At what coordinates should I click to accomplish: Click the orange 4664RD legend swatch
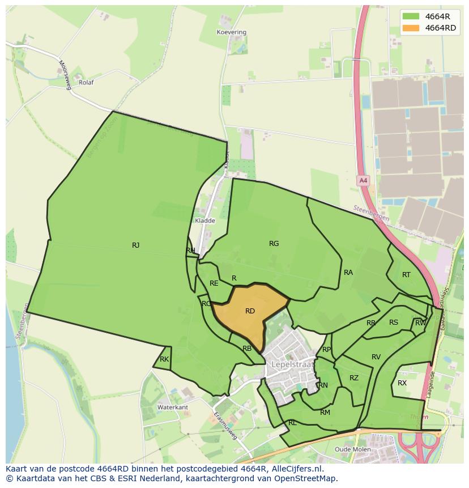411,28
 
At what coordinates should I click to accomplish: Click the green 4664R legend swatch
411,16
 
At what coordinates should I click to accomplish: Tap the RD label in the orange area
250,311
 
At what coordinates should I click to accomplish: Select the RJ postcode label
135,245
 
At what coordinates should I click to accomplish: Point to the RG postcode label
274,244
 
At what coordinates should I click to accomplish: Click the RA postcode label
348,273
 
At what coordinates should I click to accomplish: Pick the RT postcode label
406,275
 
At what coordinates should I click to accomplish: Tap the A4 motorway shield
363,180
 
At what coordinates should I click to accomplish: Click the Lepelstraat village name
292,364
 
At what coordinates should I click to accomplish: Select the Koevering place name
232,32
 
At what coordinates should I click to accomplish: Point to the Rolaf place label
86,82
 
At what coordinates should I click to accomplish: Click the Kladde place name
204,220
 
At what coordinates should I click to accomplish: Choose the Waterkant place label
172,408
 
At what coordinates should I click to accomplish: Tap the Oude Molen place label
353,449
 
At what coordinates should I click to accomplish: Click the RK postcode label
164,359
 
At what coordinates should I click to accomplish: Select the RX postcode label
402,383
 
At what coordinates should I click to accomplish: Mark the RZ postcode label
354,378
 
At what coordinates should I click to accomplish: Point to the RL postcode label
292,423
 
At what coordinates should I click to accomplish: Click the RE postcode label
214,283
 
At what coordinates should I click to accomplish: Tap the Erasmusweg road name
225,425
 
